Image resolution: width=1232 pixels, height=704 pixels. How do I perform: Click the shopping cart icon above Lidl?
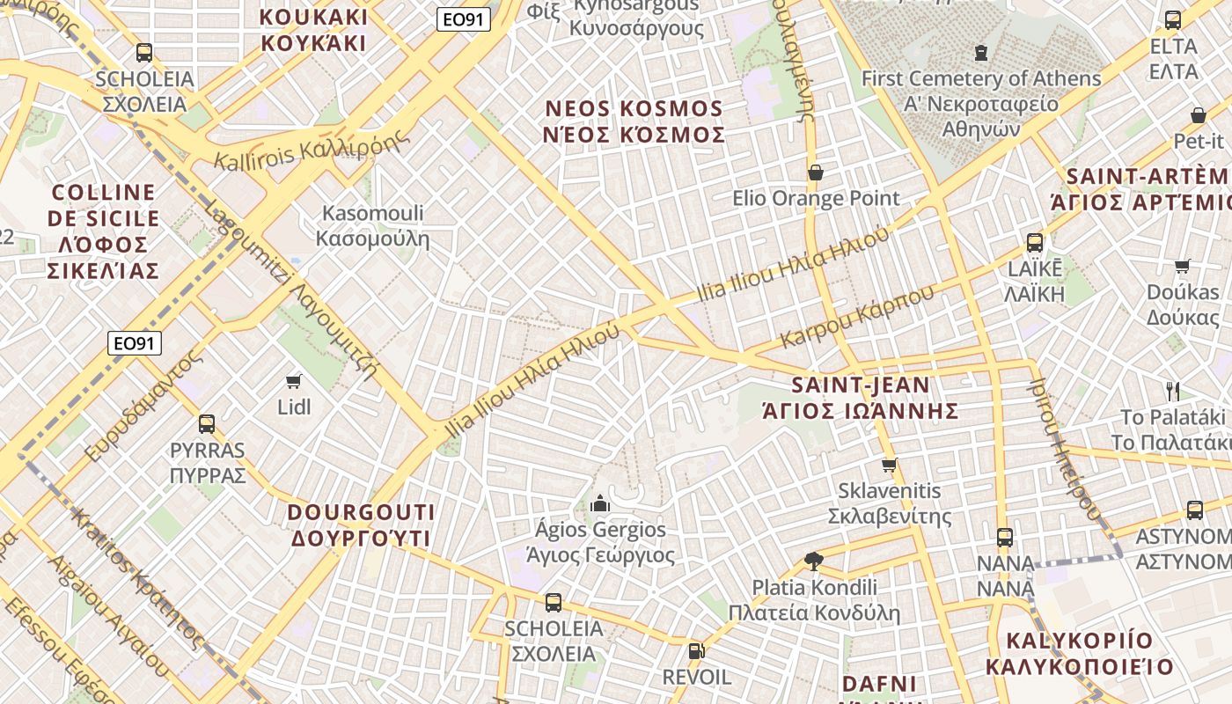294,381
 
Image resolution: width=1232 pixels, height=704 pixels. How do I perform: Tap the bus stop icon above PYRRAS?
207,424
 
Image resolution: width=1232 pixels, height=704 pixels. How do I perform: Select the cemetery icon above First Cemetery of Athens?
981,53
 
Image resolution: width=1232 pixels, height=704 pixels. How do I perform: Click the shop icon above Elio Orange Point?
816,172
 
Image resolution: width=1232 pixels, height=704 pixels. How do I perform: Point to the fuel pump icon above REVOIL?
696,651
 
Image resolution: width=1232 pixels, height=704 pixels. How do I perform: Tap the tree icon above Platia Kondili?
814,561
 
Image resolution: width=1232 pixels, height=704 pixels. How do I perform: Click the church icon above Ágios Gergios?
601,503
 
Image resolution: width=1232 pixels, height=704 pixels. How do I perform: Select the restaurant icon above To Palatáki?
1172,391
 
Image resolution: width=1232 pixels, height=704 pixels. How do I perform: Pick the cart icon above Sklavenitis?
889,465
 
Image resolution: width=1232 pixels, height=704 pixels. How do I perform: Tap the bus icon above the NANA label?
1005,537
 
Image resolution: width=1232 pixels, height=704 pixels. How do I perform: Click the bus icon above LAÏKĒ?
1035,242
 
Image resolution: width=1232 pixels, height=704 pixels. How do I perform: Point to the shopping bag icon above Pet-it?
1198,115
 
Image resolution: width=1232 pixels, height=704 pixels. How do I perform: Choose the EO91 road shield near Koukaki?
463,19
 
